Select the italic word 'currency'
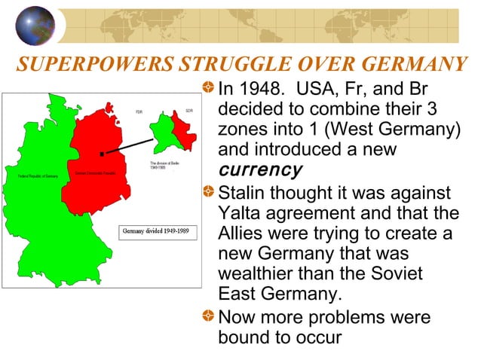tap(259, 169)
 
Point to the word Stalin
tap(242, 194)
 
